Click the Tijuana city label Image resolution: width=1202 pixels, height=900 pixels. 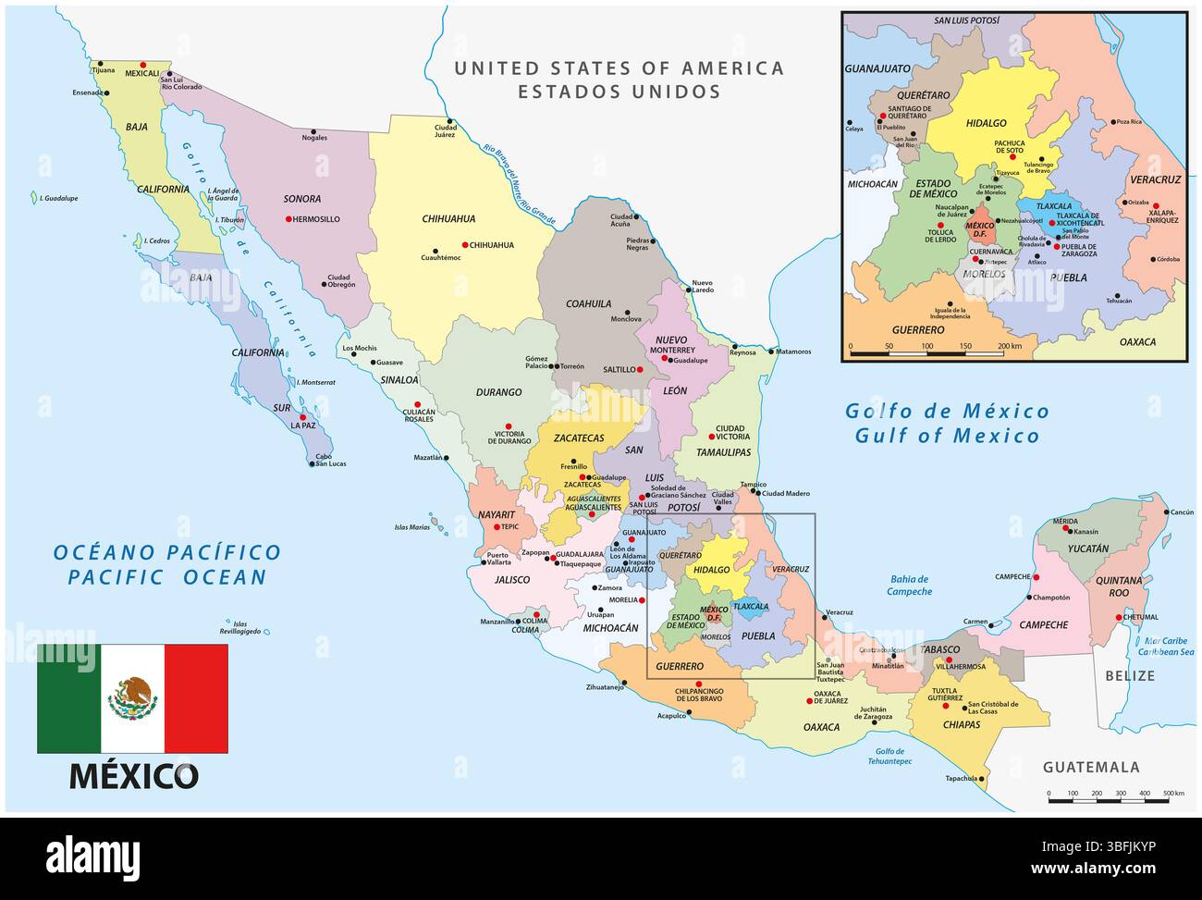tap(102, 70)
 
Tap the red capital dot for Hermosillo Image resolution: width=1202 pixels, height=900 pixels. tap(288, 219)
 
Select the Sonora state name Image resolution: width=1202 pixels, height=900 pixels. tap(302, 199)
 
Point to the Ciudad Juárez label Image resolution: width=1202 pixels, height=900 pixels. tap(446, 133)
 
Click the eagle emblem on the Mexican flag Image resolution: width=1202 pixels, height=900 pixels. tap(133, 697)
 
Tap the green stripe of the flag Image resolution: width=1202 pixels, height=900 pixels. tap(68, 698)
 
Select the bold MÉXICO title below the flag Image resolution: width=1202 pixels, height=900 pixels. tap(133, 775)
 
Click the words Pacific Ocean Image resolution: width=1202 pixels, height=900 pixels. tap(167, 577)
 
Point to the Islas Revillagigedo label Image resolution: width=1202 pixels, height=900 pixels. tap(241, 627)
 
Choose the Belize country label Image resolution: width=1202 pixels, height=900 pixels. tap(1130, 676)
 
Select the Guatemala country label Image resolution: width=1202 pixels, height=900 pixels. tap(1091, 767)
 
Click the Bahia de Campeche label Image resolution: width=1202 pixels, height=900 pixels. tap(909, 585)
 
